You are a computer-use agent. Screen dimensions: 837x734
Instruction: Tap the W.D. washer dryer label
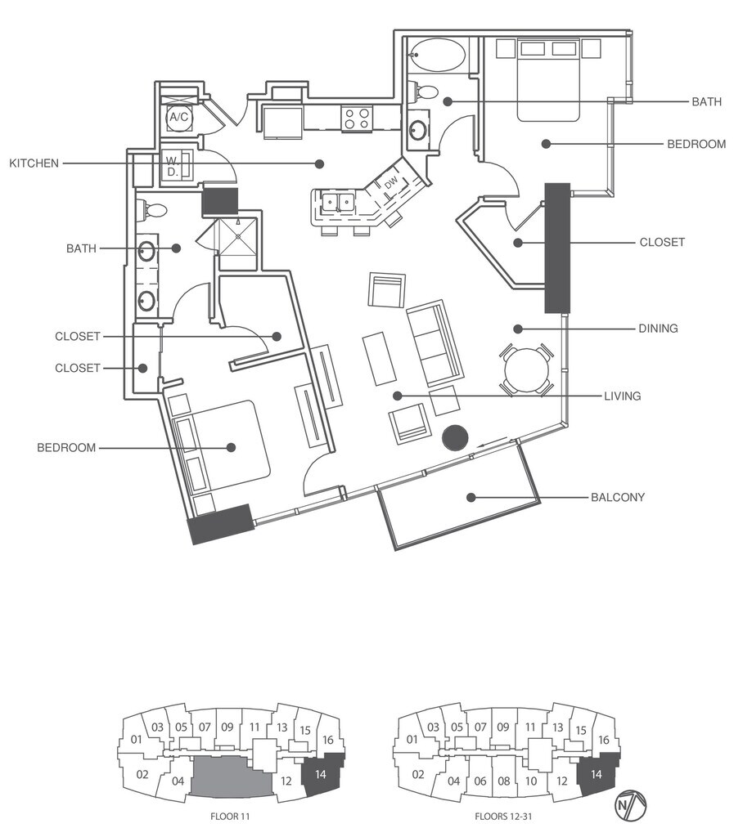pos(173,166)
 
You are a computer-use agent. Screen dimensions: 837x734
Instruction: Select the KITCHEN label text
pos(34,163)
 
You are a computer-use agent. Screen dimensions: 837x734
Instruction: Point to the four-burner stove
pos(357,119)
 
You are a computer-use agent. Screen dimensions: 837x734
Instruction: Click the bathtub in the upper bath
pos(437,56)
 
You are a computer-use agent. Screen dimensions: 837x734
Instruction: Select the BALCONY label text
pos(617,497)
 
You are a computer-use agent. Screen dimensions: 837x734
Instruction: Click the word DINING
pos(658,329)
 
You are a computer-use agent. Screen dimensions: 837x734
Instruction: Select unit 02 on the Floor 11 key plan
pos(142,774)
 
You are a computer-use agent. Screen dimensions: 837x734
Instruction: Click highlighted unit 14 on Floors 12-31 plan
pos(597,774)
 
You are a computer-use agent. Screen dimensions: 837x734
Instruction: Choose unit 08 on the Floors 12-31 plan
pos(503,781)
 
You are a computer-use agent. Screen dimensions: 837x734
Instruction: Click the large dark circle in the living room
pos(456,438)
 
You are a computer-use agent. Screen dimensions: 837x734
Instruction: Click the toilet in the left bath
pos(152,210)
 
